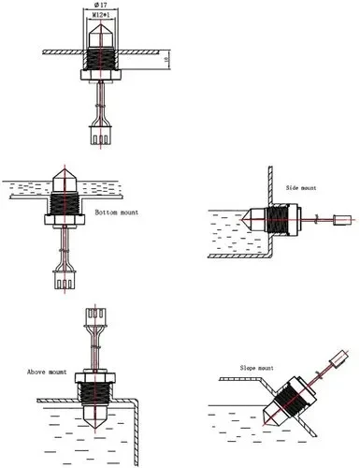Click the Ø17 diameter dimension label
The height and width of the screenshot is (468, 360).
click(x=100, y=5)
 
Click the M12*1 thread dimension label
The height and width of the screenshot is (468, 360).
click(x=101, y=14)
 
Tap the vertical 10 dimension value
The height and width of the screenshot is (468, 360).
click(x=166, y=58)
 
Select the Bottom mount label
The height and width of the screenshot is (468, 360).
click(x=117, y=212)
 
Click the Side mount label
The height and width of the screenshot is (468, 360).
click(x=301, y=188)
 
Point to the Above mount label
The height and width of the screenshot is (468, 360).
click(x=47, y=372)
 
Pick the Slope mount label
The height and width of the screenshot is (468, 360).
click(x=256, y=368)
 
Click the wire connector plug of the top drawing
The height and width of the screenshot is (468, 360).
click(x=100, y=135)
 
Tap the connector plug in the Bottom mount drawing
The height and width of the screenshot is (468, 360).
click(x=65, y=280)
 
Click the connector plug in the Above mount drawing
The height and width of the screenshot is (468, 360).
click(x=95, y=317)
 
